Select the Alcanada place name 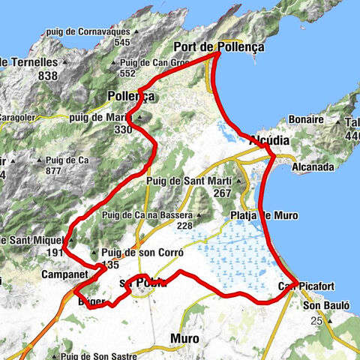(313, 167)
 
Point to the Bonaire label (306, 120)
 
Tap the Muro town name (184, 338)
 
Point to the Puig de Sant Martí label (187, 178)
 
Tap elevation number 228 (184, 226)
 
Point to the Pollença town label (130, 97)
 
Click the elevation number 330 (123, 129)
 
